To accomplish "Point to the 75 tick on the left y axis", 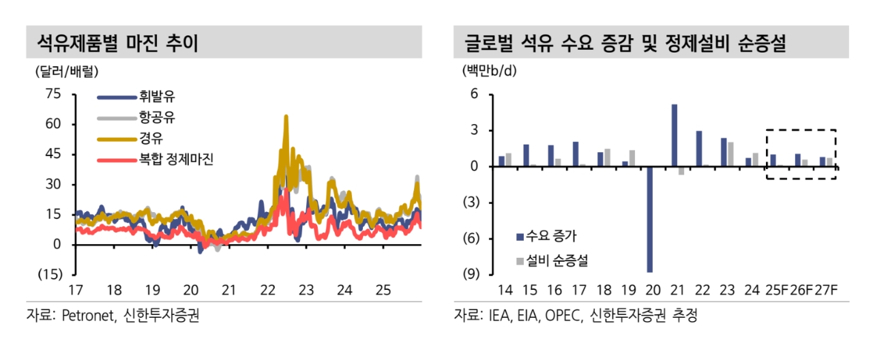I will (52, 94).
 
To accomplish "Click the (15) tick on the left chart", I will (50, 274).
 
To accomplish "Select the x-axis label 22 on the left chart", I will (268, 290).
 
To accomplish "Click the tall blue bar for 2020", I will (650, 219).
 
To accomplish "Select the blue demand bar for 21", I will (675, 135).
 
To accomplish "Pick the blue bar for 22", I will (699, 148).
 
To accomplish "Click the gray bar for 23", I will (730, 153).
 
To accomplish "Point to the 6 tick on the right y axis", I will (475, 95).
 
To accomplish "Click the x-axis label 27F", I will (825, 290).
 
